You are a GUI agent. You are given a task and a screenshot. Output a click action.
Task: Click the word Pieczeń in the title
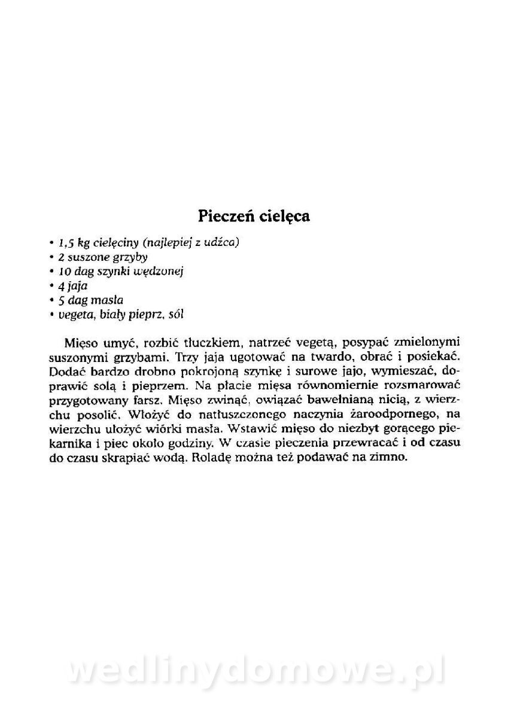(x=227, y=216)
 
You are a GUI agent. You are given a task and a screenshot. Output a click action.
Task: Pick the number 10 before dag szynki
(x=65, y=272)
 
